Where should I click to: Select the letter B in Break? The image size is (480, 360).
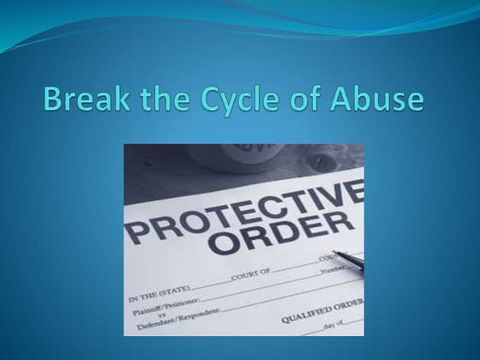tap(55, 99)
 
